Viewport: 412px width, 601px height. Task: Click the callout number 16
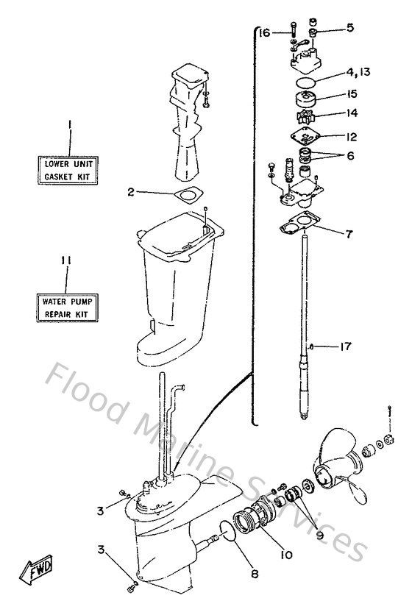tap(265, 32)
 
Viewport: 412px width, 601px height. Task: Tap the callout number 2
tap(130, 192)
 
